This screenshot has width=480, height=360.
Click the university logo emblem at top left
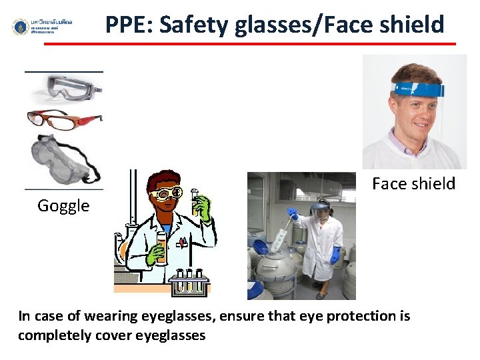tap(21, 27)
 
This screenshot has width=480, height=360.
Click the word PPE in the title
tap(128, 25)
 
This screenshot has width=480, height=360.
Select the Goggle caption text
tap(63, 205)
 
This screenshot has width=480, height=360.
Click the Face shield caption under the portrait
tap(413, 183)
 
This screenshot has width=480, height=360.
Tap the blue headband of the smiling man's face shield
tap(417, 90)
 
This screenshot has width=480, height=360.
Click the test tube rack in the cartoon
tap(189, 283)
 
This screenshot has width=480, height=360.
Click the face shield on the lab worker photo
tap(320, 212)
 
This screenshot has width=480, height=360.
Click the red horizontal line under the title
tap(250, 44)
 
